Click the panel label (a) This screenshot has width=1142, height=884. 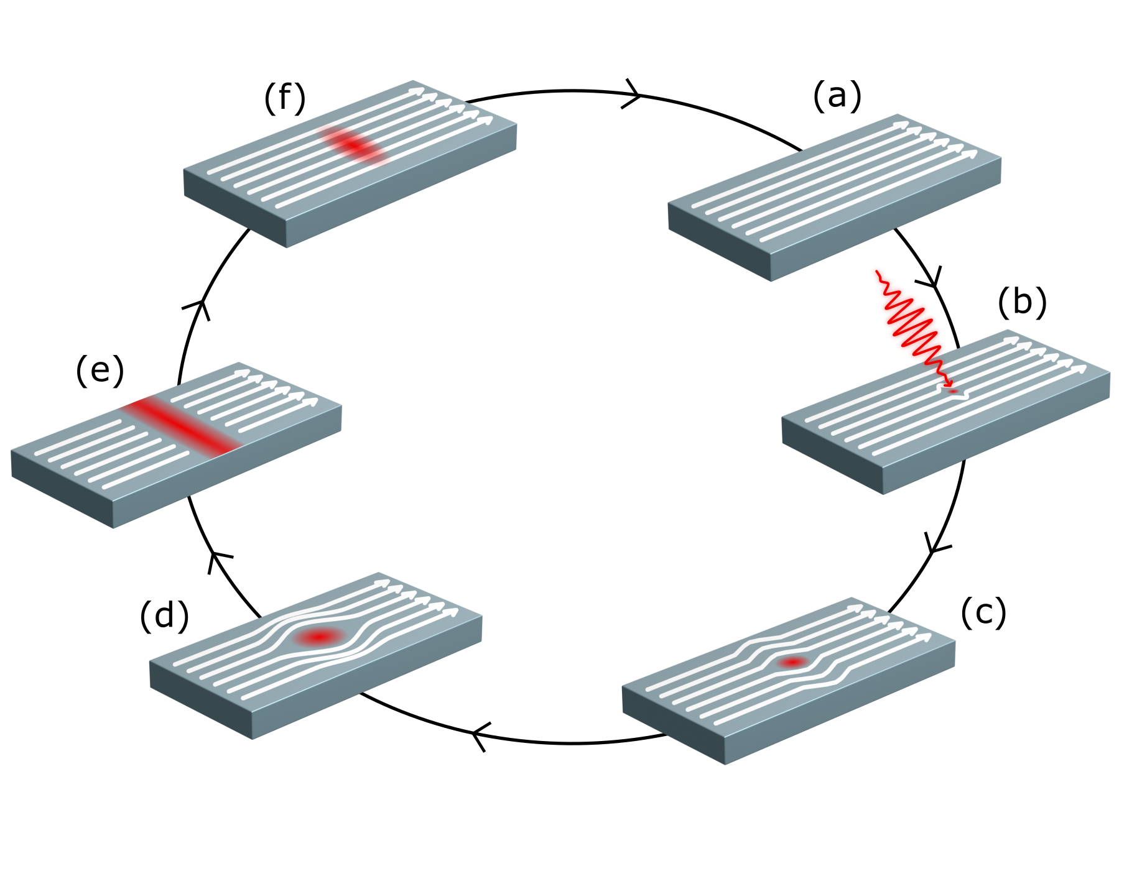click(x=837, y=97)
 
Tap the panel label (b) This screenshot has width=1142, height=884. click(x=1022, y=303)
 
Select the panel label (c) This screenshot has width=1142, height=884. click(x=983, y=612)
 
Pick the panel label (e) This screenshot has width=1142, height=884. click(x=100, y=371)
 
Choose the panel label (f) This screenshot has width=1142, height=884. click(x=285, y=98)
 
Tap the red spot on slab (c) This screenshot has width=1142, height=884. click(x=793, y=663)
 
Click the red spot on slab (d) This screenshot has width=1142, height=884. click(x=320, y=637)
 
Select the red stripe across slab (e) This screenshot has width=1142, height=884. click(x=181, y=425)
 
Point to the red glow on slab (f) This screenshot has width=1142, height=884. click(x=353, y=145)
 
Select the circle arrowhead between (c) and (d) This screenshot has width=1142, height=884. click(x=481, y=737)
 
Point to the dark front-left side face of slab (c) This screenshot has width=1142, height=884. click(x=674, y=725)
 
